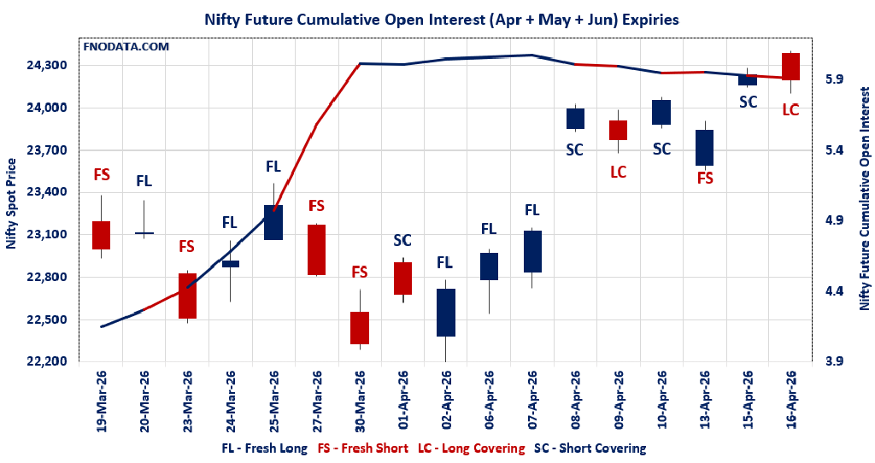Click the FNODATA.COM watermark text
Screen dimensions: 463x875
click(x=126, y=45)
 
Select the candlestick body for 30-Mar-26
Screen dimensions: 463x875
click(x=360, y=328)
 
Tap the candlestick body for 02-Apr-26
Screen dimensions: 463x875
click(x=446, y=313)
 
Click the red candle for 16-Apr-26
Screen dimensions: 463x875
click(x=790, y=67)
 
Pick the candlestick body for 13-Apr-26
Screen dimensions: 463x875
click(x=705, y=148)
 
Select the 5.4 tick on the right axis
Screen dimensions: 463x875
click(x=834, y=149)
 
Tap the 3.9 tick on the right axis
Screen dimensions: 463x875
click(x=834, y=361)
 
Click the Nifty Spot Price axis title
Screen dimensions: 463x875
click(x=12, y=203)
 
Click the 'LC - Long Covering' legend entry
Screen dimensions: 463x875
click(x=471, y=448)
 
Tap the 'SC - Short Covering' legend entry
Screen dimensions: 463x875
click(x=590, y=448)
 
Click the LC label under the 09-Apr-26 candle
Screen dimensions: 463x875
click(x=619, y=172)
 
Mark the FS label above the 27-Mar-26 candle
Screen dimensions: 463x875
click(x=316, y=206)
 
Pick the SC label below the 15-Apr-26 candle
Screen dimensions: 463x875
click(x=748, y=103)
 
